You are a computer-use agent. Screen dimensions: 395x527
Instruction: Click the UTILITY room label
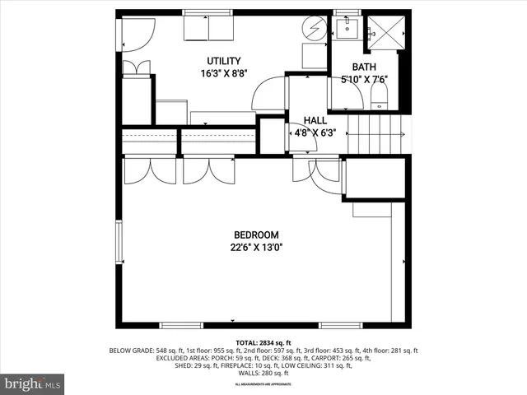pyautogui.click(x=223, y=61)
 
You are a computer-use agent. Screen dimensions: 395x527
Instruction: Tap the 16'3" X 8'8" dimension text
pyautogui.click(x=223, y=73)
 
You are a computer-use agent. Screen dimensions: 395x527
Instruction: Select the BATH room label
pyautogui.click(x=364, y=67)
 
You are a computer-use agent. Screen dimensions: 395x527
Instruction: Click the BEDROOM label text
pyautogui.click(x=256, y=235)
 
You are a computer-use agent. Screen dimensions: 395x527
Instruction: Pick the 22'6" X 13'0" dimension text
pyautogui.click(x=256, y=247)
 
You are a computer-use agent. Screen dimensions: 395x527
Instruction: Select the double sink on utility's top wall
pyautogui.click(x=208, y=27)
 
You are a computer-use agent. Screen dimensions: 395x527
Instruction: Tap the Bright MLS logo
pyautogui.click(x=33, y=383)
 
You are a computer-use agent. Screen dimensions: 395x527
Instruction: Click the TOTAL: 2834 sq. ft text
pyautogui.click(x=263, y=342)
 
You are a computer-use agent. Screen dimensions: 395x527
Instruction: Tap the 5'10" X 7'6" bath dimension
pyautogui.click(x=364, y=80)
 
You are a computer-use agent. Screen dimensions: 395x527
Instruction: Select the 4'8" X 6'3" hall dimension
pyautogui.click(x=311, y=132)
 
